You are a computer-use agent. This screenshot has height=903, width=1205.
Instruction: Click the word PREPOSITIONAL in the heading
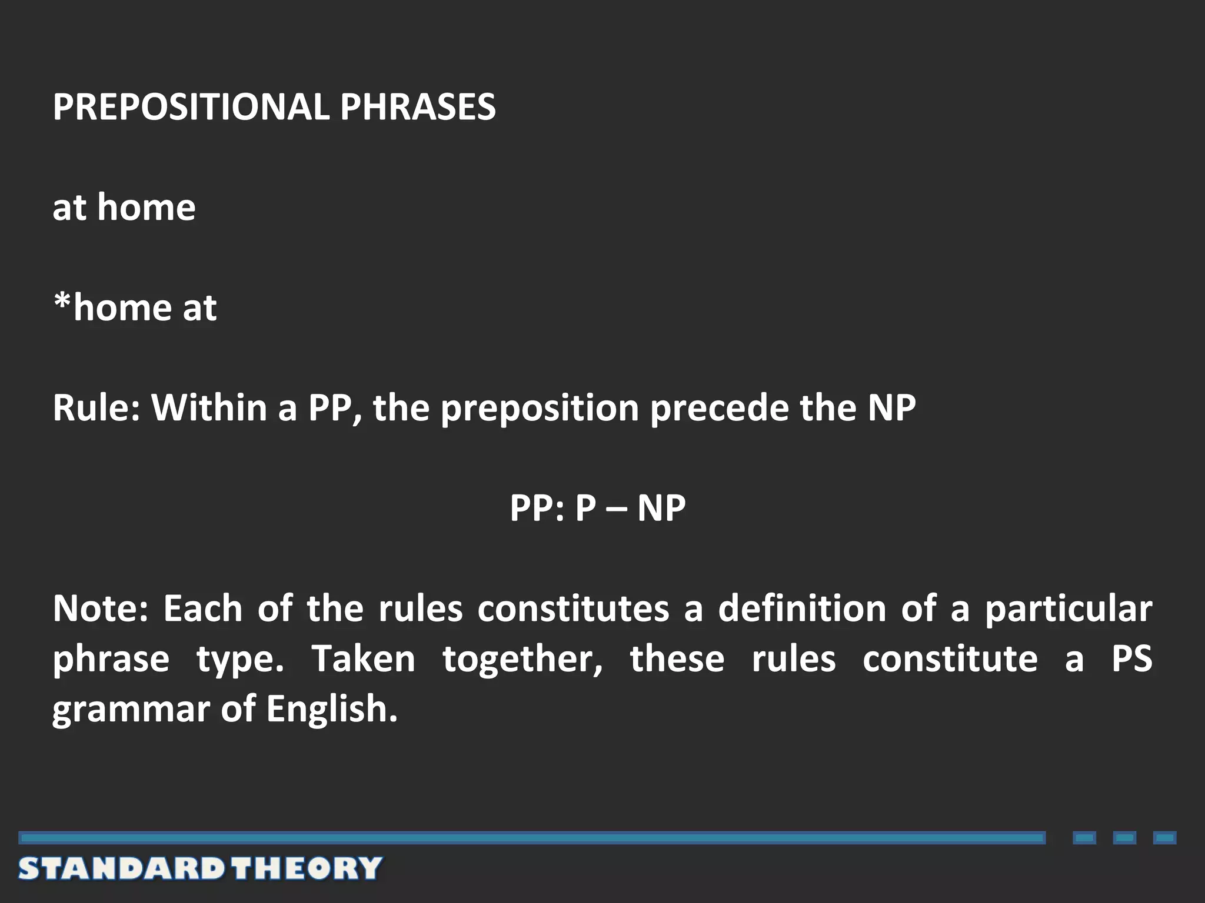(191, 107)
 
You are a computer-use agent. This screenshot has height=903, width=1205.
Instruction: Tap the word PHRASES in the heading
(418, 107)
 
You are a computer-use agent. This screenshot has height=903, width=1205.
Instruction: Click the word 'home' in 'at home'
(147, 208)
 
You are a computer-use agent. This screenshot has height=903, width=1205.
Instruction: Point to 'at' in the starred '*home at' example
(199, 308)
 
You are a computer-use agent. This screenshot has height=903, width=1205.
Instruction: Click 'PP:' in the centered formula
(538, 508)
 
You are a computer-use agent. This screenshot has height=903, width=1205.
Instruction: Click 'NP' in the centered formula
(661, 508)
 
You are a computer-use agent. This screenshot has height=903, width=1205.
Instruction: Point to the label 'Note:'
(100, 608)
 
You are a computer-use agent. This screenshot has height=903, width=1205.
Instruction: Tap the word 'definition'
(802, 608)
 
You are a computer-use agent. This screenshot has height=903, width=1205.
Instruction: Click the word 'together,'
(523, 660)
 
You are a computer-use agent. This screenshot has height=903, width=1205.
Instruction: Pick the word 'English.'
(332, 709)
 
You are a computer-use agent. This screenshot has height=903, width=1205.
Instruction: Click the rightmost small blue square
(1164, 838)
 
